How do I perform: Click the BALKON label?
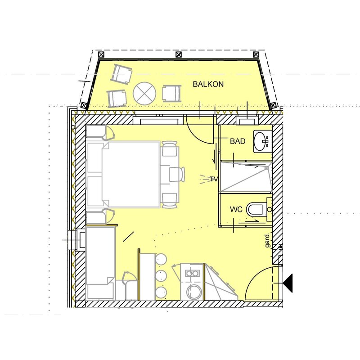point(208,84)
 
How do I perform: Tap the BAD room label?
point(238,141)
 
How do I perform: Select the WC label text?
point(236,209)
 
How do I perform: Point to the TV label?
point(214,179)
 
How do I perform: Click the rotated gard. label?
point(267,240)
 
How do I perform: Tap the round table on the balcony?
point(144,94)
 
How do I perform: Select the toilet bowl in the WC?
point(255,209)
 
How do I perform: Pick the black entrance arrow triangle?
point(288,283)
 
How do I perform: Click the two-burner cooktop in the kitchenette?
point(192,273)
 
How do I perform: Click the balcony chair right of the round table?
point(171,94)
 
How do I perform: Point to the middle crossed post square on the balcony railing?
point(179,54)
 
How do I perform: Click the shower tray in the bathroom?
point(246,177)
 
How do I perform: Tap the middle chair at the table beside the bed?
point(177,174)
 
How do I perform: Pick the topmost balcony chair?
point(121,73)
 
